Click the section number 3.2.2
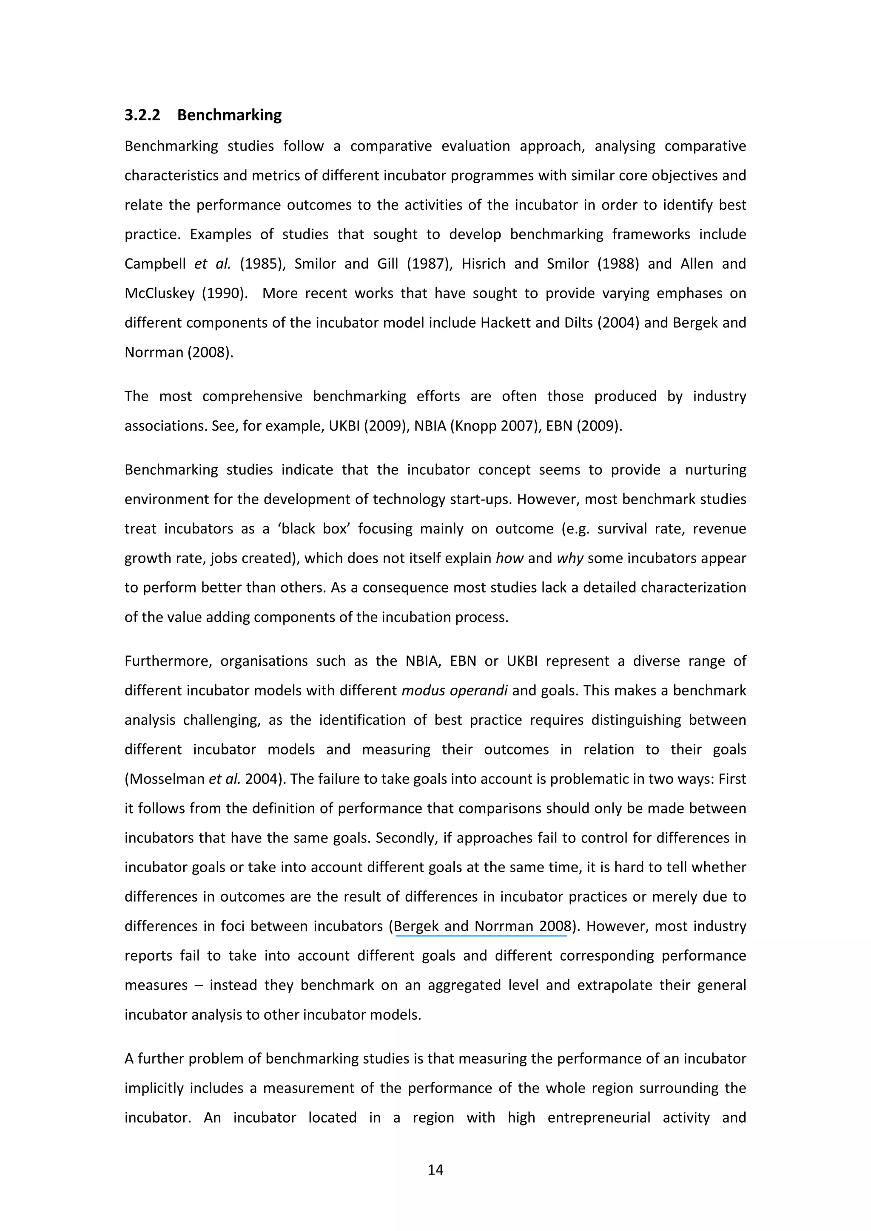(x=142, y=115)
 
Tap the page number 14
(x=435, y=1169)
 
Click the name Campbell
(x=154, y=264)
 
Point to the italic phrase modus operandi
(x=454, y=690)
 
